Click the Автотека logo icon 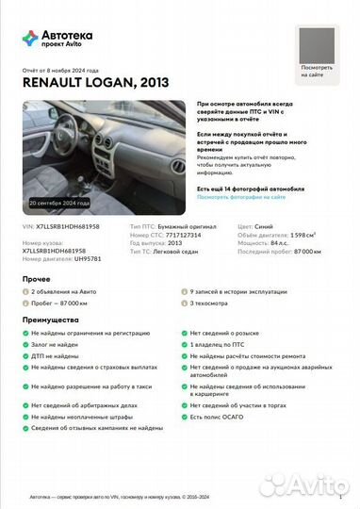point(30,38)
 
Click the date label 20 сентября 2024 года point(59,203)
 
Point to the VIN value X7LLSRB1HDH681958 point(66,227)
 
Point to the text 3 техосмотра point(209,304)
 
